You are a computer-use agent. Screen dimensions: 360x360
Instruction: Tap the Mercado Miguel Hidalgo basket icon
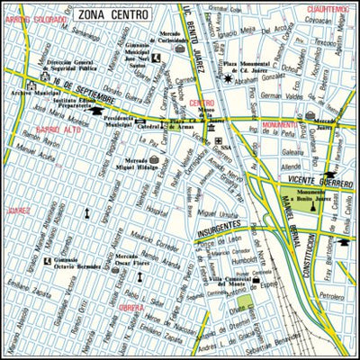pos(153,161)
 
